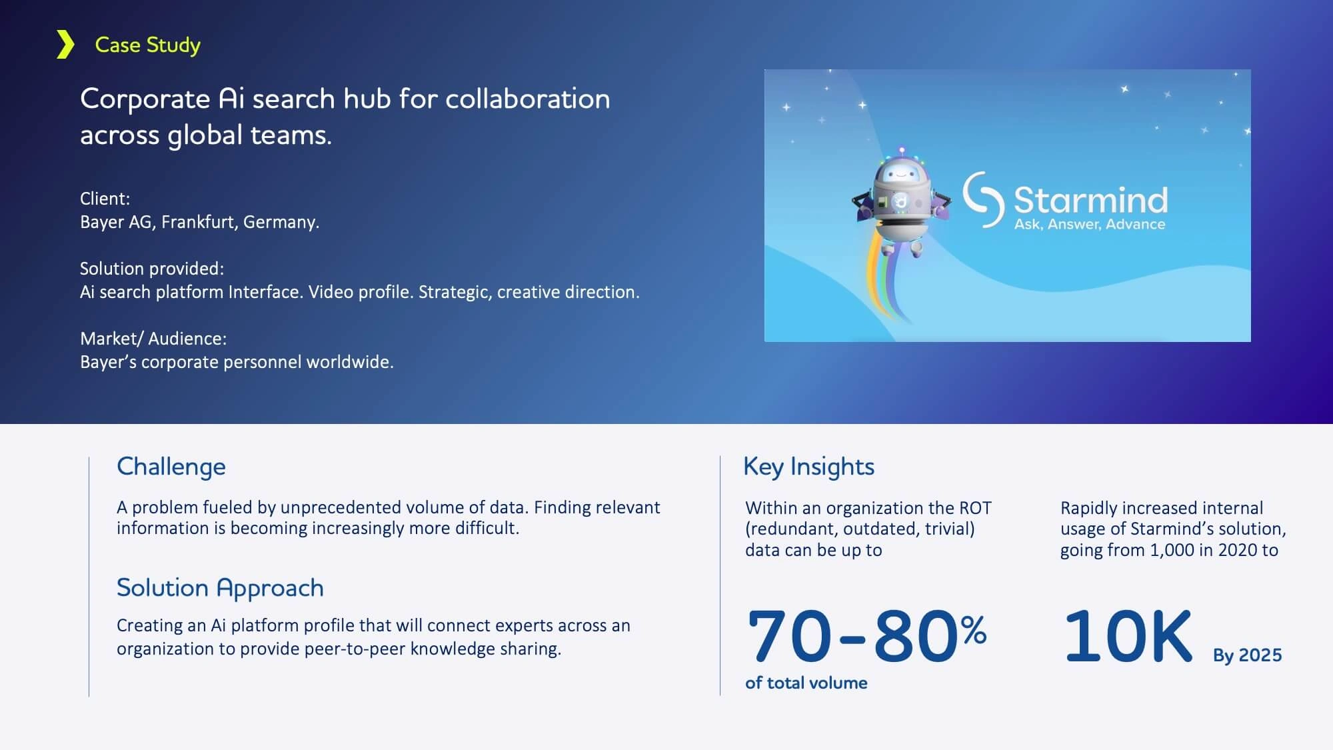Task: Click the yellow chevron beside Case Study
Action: click(65, 45)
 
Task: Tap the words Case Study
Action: click(147, 45)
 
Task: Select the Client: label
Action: click(105, 199)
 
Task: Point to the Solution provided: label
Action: click(152, 269)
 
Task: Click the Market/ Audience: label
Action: click(153, 339)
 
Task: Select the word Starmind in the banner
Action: click(1091, 199)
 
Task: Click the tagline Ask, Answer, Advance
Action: click(1090, 224)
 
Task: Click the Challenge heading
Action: click(171, 467)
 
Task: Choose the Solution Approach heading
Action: click(220, 588)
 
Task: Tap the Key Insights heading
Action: click(808, 467)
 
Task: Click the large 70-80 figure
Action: click(854, 636)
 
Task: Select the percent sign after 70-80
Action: click(974, 630)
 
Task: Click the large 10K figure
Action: click(1128, 636)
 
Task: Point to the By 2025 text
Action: click(1247, 655)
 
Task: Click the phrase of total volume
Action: click(806, 683)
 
